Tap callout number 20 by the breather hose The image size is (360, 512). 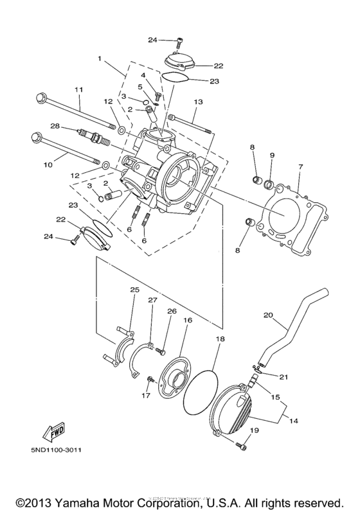268,315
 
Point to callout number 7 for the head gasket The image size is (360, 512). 300,167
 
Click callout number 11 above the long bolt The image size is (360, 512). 79,89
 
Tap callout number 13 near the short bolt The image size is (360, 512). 197,102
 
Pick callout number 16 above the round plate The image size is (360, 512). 188,319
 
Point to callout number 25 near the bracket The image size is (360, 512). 134,290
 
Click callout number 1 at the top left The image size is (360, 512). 100,58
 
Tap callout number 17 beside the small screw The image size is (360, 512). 146,396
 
